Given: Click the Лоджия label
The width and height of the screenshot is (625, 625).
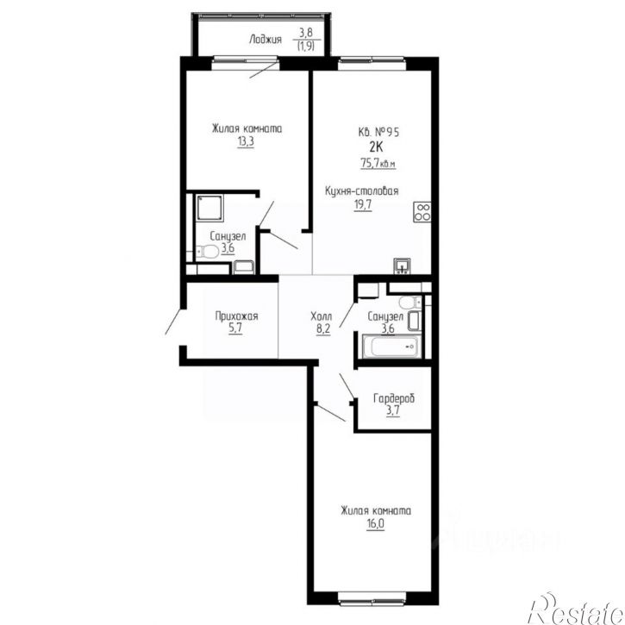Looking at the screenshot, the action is click(x=265, y=40).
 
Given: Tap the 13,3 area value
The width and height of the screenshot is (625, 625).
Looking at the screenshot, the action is click(x=246, y=141).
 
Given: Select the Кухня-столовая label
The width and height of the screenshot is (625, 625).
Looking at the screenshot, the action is click(x=361, y=191).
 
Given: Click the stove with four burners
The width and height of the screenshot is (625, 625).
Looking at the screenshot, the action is click(x=422, y=212).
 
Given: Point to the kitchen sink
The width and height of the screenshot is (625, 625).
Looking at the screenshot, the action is click(x=403, y=266).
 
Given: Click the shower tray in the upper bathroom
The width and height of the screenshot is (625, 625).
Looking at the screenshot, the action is click(x=209, y=207).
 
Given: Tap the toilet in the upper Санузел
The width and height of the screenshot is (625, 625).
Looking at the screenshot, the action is click(x=207, y=252).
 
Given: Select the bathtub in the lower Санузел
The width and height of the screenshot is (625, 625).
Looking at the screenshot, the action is click(x=391, y=347).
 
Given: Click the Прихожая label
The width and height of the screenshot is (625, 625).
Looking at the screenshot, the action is click(x=236, y=316).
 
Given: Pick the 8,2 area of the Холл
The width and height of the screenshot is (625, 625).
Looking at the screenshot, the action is click(x=323, y=329).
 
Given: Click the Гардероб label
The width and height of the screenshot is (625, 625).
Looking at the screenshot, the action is click(x=394, y=398).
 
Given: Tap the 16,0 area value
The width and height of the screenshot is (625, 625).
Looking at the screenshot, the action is click(x=376, y=524).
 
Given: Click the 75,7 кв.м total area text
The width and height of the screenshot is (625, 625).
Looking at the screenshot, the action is click(x=378, y=163).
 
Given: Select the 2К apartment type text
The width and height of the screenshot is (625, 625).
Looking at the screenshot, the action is click(x=376, y=147).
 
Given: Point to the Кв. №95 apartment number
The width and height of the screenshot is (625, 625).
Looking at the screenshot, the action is click(x=378, y=132).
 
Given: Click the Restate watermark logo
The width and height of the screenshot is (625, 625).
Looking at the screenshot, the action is click(x=576, y=609).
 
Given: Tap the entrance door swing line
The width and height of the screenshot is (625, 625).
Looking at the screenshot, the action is click(x=173, y=322).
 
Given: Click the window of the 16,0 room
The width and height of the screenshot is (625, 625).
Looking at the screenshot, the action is click(x=372, y=597).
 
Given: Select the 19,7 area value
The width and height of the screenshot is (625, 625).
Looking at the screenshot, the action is click(x=363, y=205).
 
